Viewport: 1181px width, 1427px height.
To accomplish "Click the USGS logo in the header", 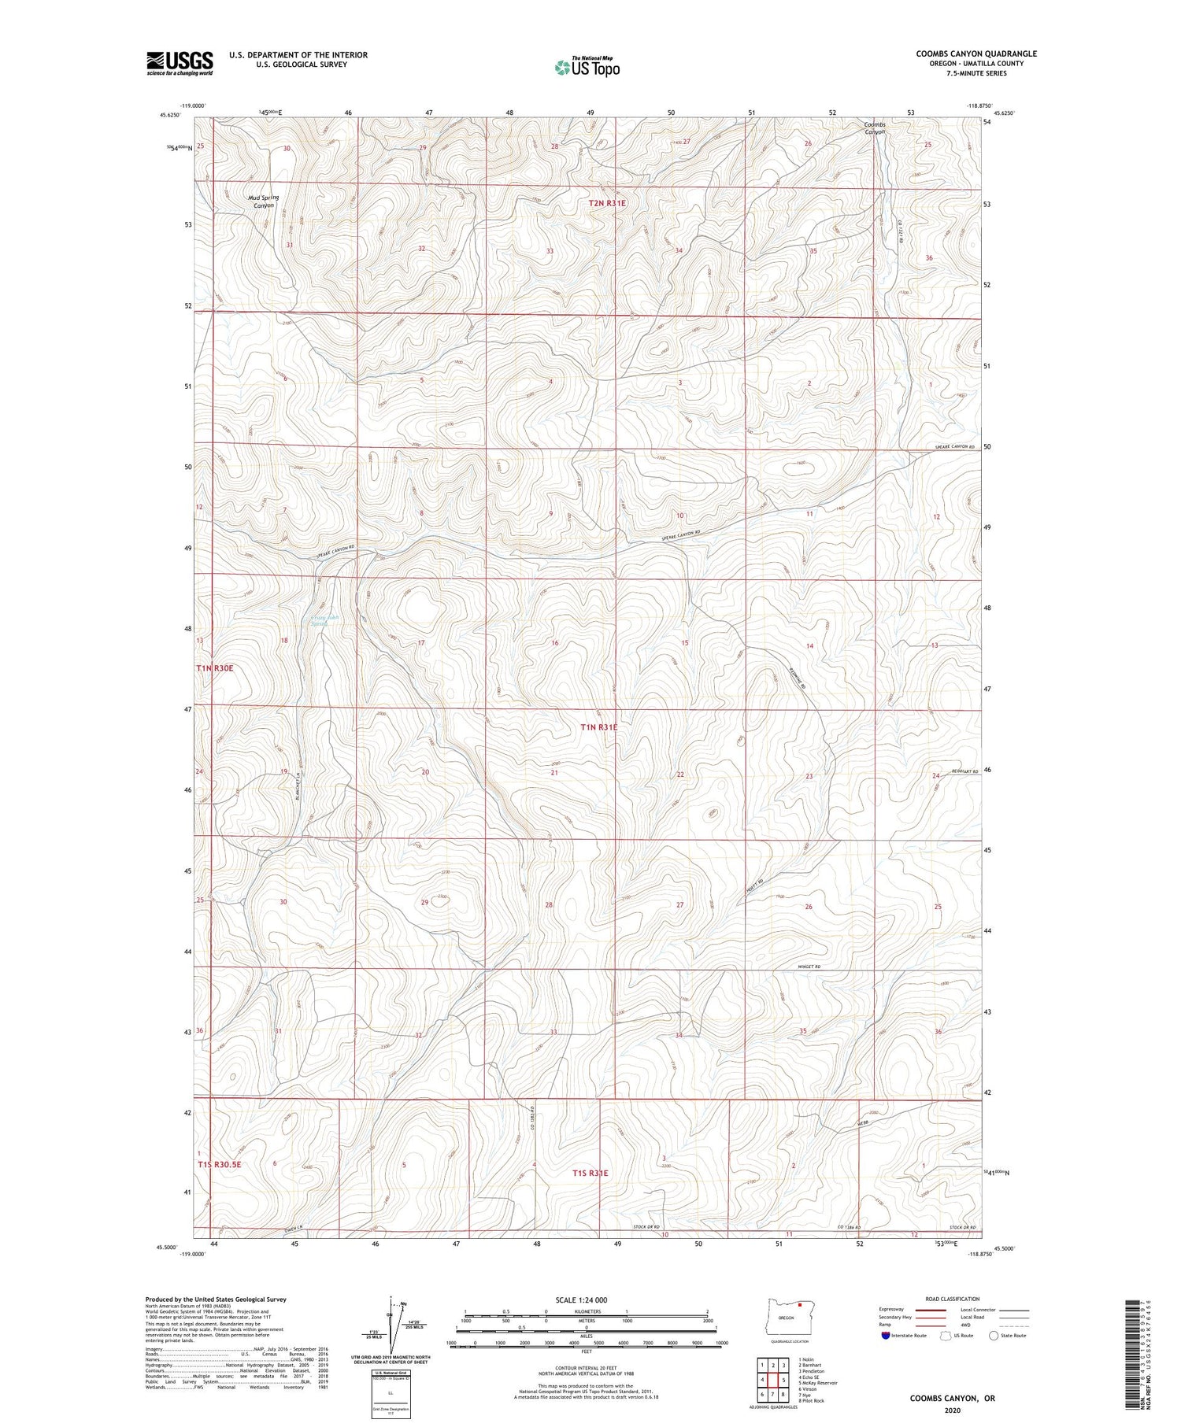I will click(x=180, y=63).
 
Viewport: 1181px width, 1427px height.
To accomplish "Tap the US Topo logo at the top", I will click(x=587, y=68).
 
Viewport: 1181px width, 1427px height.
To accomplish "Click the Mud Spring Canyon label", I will click(x=263, y=201).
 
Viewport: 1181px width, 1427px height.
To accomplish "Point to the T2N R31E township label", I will click(x=607, y=203).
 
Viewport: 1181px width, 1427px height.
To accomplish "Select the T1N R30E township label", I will click(x=215, y=668).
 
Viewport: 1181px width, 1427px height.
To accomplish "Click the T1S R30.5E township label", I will click(x=228, y=1163).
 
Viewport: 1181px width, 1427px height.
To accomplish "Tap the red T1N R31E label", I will click(x=598, y=727).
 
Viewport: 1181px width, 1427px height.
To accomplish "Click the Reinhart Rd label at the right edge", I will click(x=964, y=771).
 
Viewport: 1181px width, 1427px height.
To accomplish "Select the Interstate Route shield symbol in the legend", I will click(x=886, y=1336).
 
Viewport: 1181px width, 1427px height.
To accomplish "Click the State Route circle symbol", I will click(x=994, y=1336).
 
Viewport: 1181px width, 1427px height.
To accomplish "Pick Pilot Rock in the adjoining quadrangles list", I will click(x=812, y=1401).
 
